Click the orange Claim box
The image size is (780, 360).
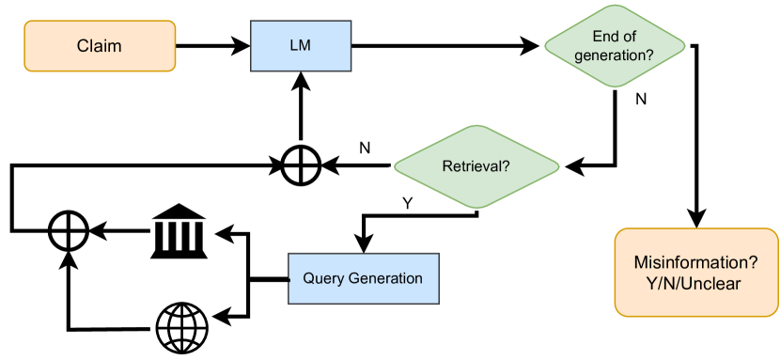tap(100, 46)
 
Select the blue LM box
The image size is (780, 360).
tap(300, 46)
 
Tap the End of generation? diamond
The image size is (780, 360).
tap(616, 46)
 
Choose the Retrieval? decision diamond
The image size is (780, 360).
tap(476, 166)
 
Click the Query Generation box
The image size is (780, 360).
tap(363, 278)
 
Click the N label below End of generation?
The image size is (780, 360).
tap(641, 99)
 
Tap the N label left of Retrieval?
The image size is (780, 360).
tap(365, 148)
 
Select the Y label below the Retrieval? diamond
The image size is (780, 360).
tap(407, 203)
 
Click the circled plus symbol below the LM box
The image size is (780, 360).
tap(301, 166)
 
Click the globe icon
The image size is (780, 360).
tap(181, 328)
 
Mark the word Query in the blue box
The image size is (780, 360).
tap(322, 278)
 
